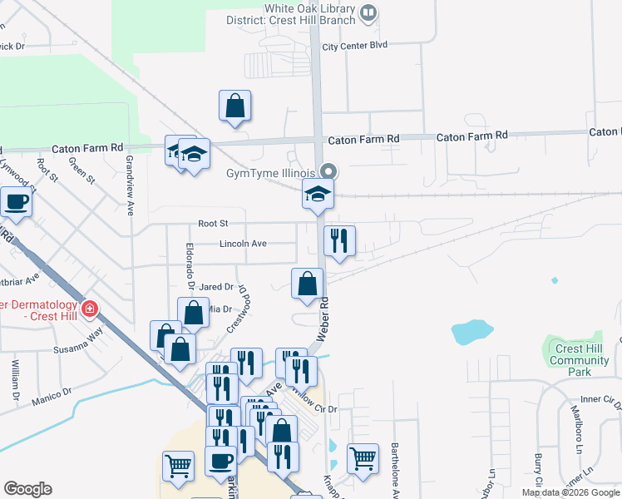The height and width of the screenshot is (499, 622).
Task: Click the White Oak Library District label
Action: coord(309,14)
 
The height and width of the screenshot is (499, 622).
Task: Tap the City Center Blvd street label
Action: coord(355,47)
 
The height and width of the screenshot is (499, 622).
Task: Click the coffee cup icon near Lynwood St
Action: coord(16,201)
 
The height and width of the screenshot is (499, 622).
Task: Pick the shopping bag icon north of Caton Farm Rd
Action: coord(235,106)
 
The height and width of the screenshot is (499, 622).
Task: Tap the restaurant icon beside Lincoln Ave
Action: coord(339,242)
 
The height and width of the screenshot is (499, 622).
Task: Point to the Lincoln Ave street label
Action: coord(243,244)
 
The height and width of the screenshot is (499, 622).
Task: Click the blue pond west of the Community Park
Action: coord(470,332)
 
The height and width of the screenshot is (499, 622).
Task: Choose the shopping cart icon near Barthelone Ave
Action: coord(363,457)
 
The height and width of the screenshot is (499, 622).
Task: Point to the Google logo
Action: coord(27,489)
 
